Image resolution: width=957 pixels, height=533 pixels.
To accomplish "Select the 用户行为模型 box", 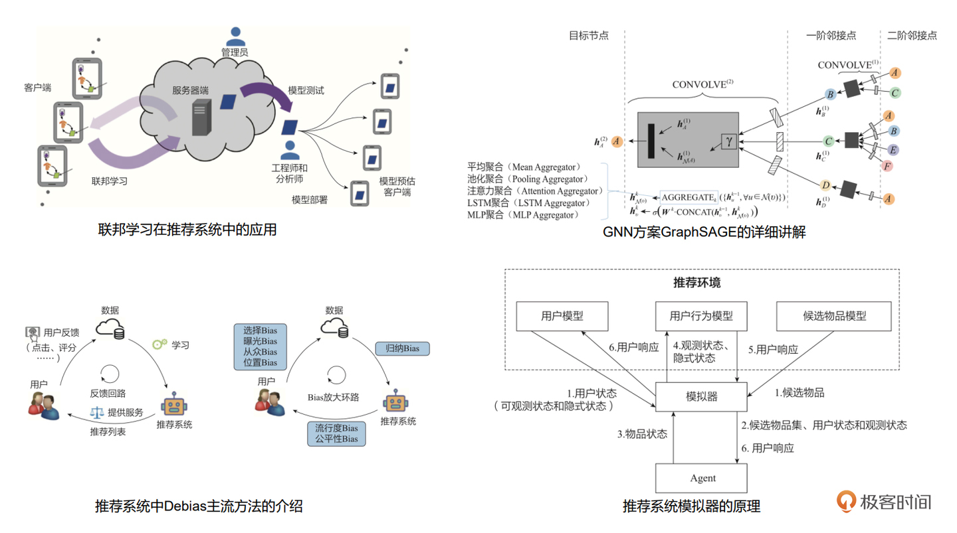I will [x=702, y=316].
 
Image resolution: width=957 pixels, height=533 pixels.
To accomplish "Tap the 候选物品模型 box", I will [x=833, y=316].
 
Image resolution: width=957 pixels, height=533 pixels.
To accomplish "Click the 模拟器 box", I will [x=702, y=397].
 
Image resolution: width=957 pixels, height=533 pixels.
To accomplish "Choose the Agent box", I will [x=702, y=478].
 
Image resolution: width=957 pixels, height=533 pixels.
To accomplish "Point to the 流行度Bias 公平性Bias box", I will [x=336, y=433].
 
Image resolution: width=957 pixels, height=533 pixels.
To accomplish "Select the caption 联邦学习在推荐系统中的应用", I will [x=187, y=230].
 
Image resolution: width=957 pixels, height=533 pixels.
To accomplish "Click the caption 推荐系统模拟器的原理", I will [x=691, y=506].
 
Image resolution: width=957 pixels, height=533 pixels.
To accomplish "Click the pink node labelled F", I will [x=887, y=165].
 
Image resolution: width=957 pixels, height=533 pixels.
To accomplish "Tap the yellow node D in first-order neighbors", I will [x=826, y=185].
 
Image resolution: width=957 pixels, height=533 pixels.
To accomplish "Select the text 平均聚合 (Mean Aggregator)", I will [x=524, y=167].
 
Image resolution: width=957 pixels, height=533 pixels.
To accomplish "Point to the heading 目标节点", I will [x=589, y=36].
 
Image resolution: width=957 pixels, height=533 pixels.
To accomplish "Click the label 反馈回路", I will [x=110, y=392].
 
